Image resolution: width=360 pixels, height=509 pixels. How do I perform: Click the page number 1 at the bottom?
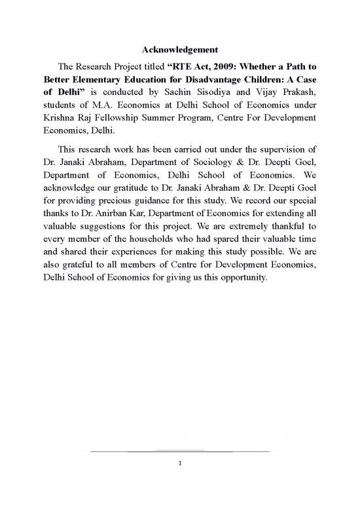180,462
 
